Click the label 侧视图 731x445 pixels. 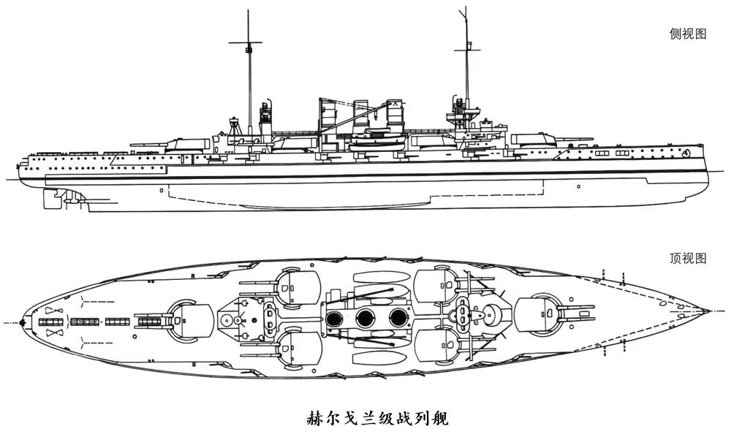[x=688, y=34]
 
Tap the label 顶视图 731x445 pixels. [x=688, y=258]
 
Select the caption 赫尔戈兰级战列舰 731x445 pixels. [x=376, y=419]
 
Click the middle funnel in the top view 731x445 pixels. [x=365, y=318]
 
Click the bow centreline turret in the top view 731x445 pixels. [x=541, y=315]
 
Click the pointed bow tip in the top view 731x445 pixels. [x=709, y=310]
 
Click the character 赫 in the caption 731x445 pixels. [x=314, y=419]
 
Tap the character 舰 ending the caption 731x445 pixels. [x=439, y=419]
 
